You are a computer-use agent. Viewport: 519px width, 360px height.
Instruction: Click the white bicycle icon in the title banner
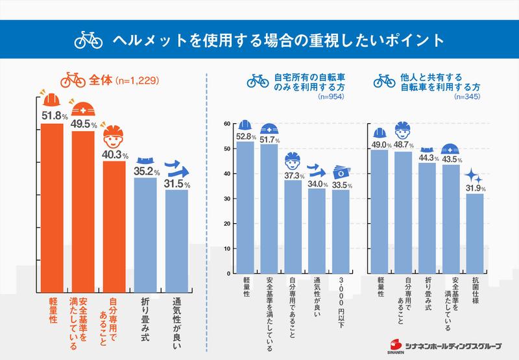tap(89, 40)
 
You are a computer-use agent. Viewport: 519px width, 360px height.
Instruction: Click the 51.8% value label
tap(54, 116)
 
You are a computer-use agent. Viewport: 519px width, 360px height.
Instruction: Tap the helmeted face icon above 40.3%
tap(115, 137)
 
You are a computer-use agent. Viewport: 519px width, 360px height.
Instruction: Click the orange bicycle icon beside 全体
tap(73, 82)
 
